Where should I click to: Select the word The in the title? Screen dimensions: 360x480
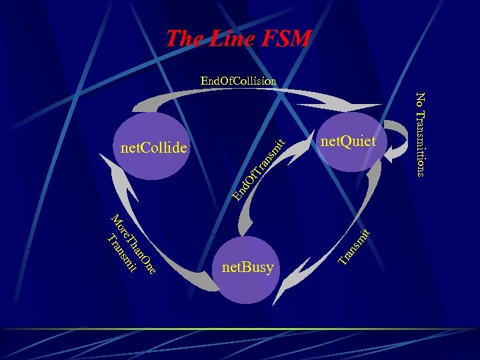[183, 39]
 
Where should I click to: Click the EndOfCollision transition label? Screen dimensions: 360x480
[238, 81]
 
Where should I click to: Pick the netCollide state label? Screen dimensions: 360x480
[152, 147]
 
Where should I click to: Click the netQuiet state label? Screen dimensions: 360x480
[348, 141]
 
